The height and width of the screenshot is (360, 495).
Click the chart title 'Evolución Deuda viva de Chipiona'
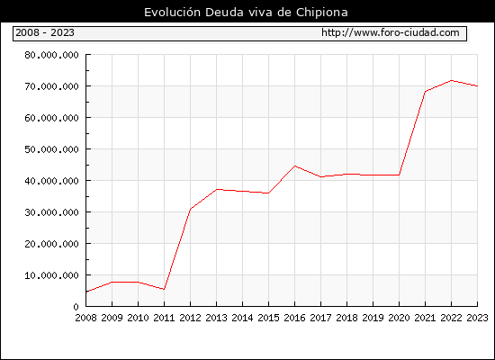[x=246, y=13]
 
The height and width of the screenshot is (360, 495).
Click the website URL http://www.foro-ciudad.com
[x=391, y=32]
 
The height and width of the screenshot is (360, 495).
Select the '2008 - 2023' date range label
[x=45, y=32]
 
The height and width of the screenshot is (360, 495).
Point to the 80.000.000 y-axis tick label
[x=51, y=55]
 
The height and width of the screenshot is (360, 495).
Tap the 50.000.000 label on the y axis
[x=51, y=149]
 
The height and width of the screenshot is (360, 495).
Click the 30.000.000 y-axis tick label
[x=51, y=212]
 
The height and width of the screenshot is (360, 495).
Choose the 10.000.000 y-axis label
[x=51, y=275]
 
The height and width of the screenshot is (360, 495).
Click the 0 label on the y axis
[x=76, y=307]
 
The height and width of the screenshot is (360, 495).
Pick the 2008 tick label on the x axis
[x=85, y=318]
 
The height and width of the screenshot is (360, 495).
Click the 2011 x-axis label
[x=164, y=318]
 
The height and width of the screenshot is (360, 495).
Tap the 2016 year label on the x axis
[x=294, y=318]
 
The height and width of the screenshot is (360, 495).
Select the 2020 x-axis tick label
[x=399, y=318]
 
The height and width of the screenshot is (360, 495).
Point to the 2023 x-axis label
[x=477, y=318]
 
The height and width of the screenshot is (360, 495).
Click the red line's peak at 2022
[x=452, y=80]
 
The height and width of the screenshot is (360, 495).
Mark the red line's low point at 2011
[x=164, y=289]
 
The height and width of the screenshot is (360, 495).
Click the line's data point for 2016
[x=294, y=166]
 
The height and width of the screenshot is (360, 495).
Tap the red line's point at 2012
[x=191, y=209]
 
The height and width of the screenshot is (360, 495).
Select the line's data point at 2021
[x=425, y=92]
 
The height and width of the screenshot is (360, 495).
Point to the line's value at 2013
[x=217, y=189]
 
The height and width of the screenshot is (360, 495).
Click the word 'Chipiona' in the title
[x=322, y=13]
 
